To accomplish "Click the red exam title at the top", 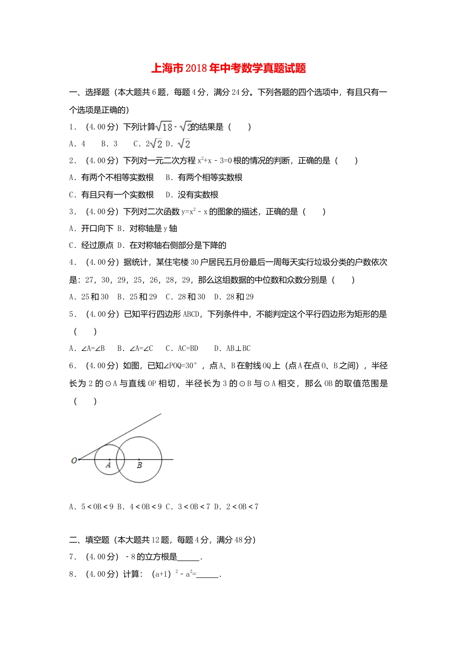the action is click(x=228, y=68).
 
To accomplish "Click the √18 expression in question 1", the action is click(x=165, y=127).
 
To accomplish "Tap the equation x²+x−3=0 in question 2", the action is click(x=215, y=161).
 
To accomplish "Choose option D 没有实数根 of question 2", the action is click(x=192, y=195).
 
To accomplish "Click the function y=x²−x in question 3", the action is click(x=194, y=212).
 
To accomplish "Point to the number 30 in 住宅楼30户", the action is click(x=195, y=262).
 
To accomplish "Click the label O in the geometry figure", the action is click(x=74, y=461).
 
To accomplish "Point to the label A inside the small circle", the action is click(x=108, y=465).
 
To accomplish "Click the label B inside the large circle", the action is click(x=140, y=466).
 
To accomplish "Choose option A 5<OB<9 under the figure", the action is click(x=91, y=507).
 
